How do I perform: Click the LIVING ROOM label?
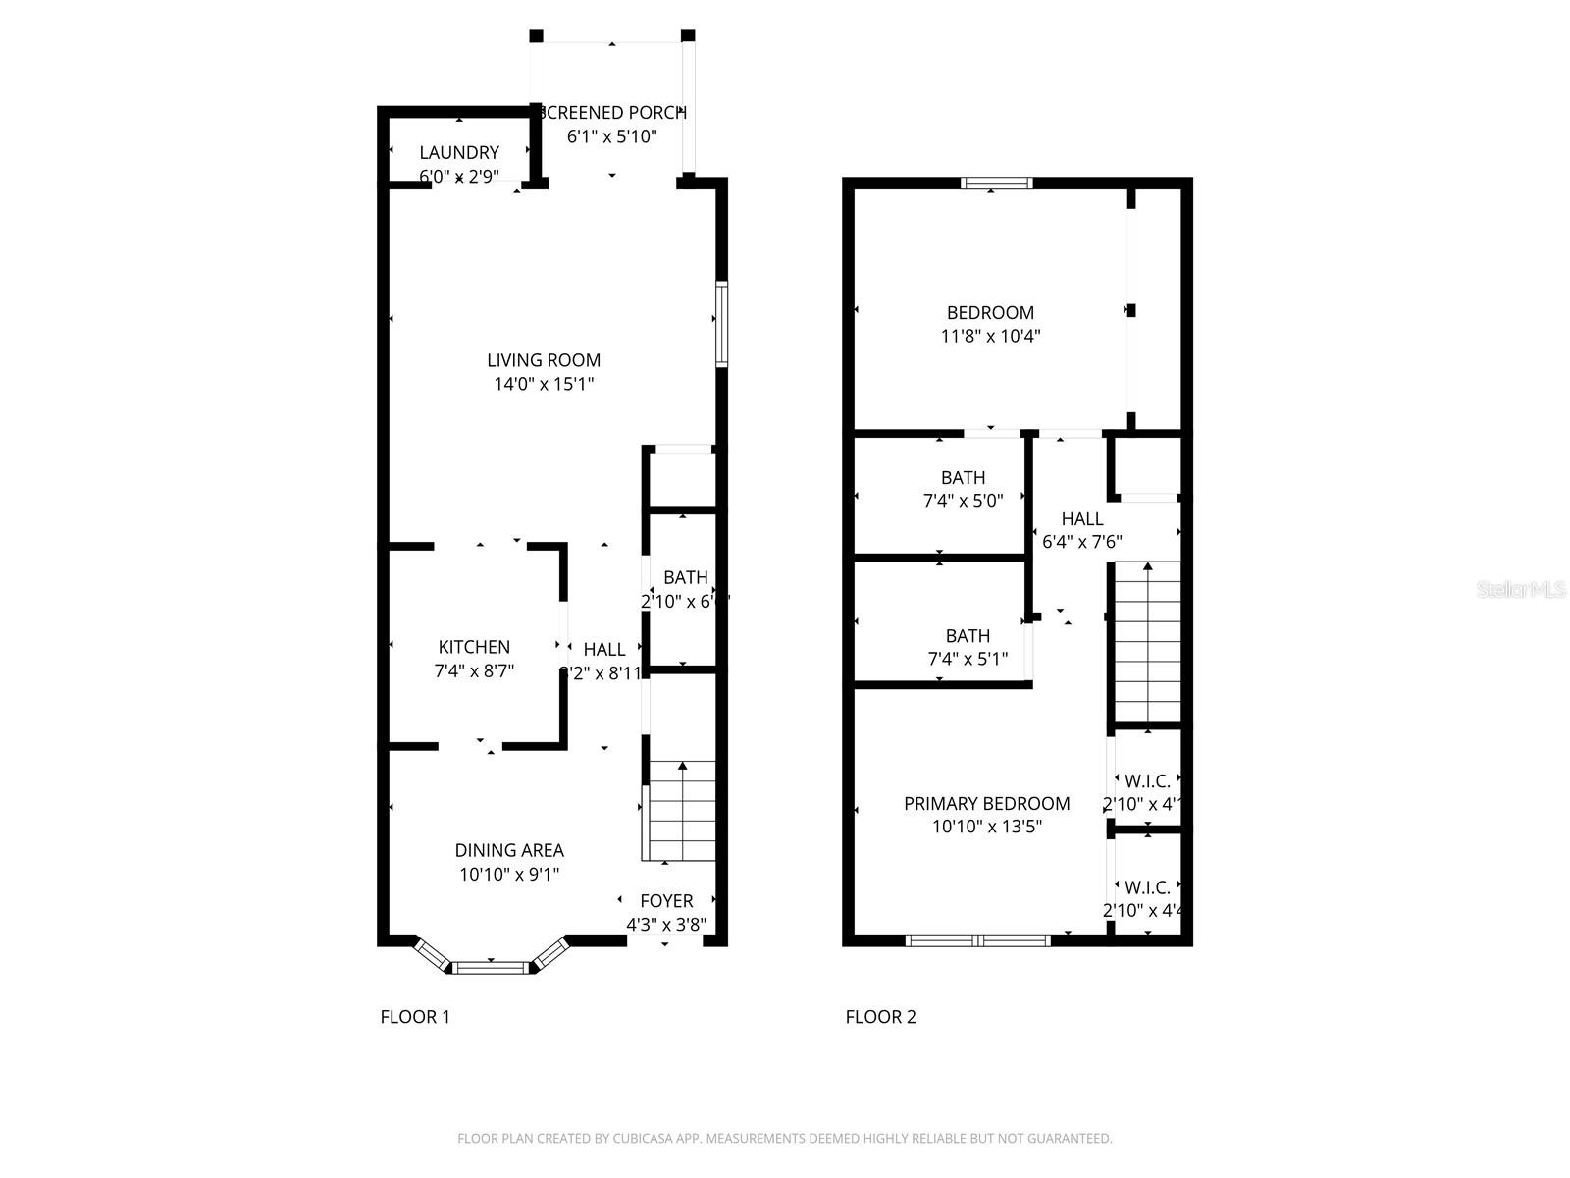(x=544, y=360)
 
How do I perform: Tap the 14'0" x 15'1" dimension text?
(x=544, y=384)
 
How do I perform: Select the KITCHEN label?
(x=474, y=647)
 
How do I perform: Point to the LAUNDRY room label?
(x=459, y=152)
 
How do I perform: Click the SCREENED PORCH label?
(x=612, y=113)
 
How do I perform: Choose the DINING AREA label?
(x=509, y=850)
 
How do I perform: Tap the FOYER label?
(x=666, y=900)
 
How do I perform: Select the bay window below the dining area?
(x=491, y=967)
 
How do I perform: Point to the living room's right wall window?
(x=721, y=324)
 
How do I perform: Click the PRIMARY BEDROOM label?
(x=986, y=803)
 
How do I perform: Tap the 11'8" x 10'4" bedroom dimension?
(x=990, y=336)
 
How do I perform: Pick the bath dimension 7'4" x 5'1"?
(x=968, y=659)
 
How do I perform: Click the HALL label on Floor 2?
(x=1081, y=518)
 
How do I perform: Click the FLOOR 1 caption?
(x=415, y=1017)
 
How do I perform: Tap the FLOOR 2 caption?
(x=880, y=1017)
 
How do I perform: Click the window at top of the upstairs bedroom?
(x=996, y=183)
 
